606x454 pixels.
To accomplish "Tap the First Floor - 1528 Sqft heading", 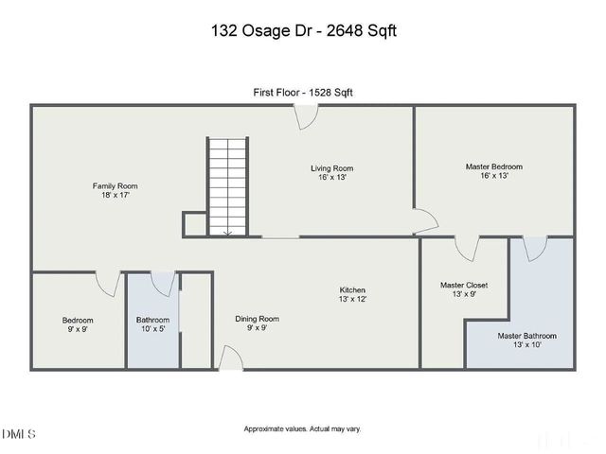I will click(x=303, y=92).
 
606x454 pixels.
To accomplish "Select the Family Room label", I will click(x=115, y=190).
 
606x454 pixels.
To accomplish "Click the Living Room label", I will click(x=331, y=173).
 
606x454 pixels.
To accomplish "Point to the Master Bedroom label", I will click(x=493, y=171).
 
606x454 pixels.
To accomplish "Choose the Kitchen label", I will click(x=353, y=294).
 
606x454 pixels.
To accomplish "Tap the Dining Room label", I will click(x=258, y=323).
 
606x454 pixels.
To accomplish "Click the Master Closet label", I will click(x=464, y=288).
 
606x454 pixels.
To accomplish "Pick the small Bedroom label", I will click(x=78, y=325).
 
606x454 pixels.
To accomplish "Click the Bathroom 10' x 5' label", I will click(x=152, y=324).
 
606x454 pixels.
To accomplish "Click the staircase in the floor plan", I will click(x=226, y=186).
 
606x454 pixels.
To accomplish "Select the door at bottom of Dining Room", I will click(x=230, y=358).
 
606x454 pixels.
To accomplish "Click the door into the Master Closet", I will click(x=466, y=248).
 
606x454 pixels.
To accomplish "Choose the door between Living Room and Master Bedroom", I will click(x=424, y=221).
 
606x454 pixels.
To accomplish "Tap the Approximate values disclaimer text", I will click(x=303, y=428).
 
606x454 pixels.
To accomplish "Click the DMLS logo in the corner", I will click(x=20, y=434).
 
